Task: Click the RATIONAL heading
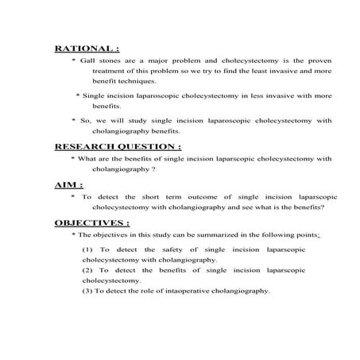pos(85,48)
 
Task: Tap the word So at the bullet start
pos(86,121)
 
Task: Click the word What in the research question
pos(87,159)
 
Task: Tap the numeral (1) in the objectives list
pos(87,250)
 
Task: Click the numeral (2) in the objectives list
pos(87,271)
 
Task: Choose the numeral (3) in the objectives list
pos(87,291)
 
